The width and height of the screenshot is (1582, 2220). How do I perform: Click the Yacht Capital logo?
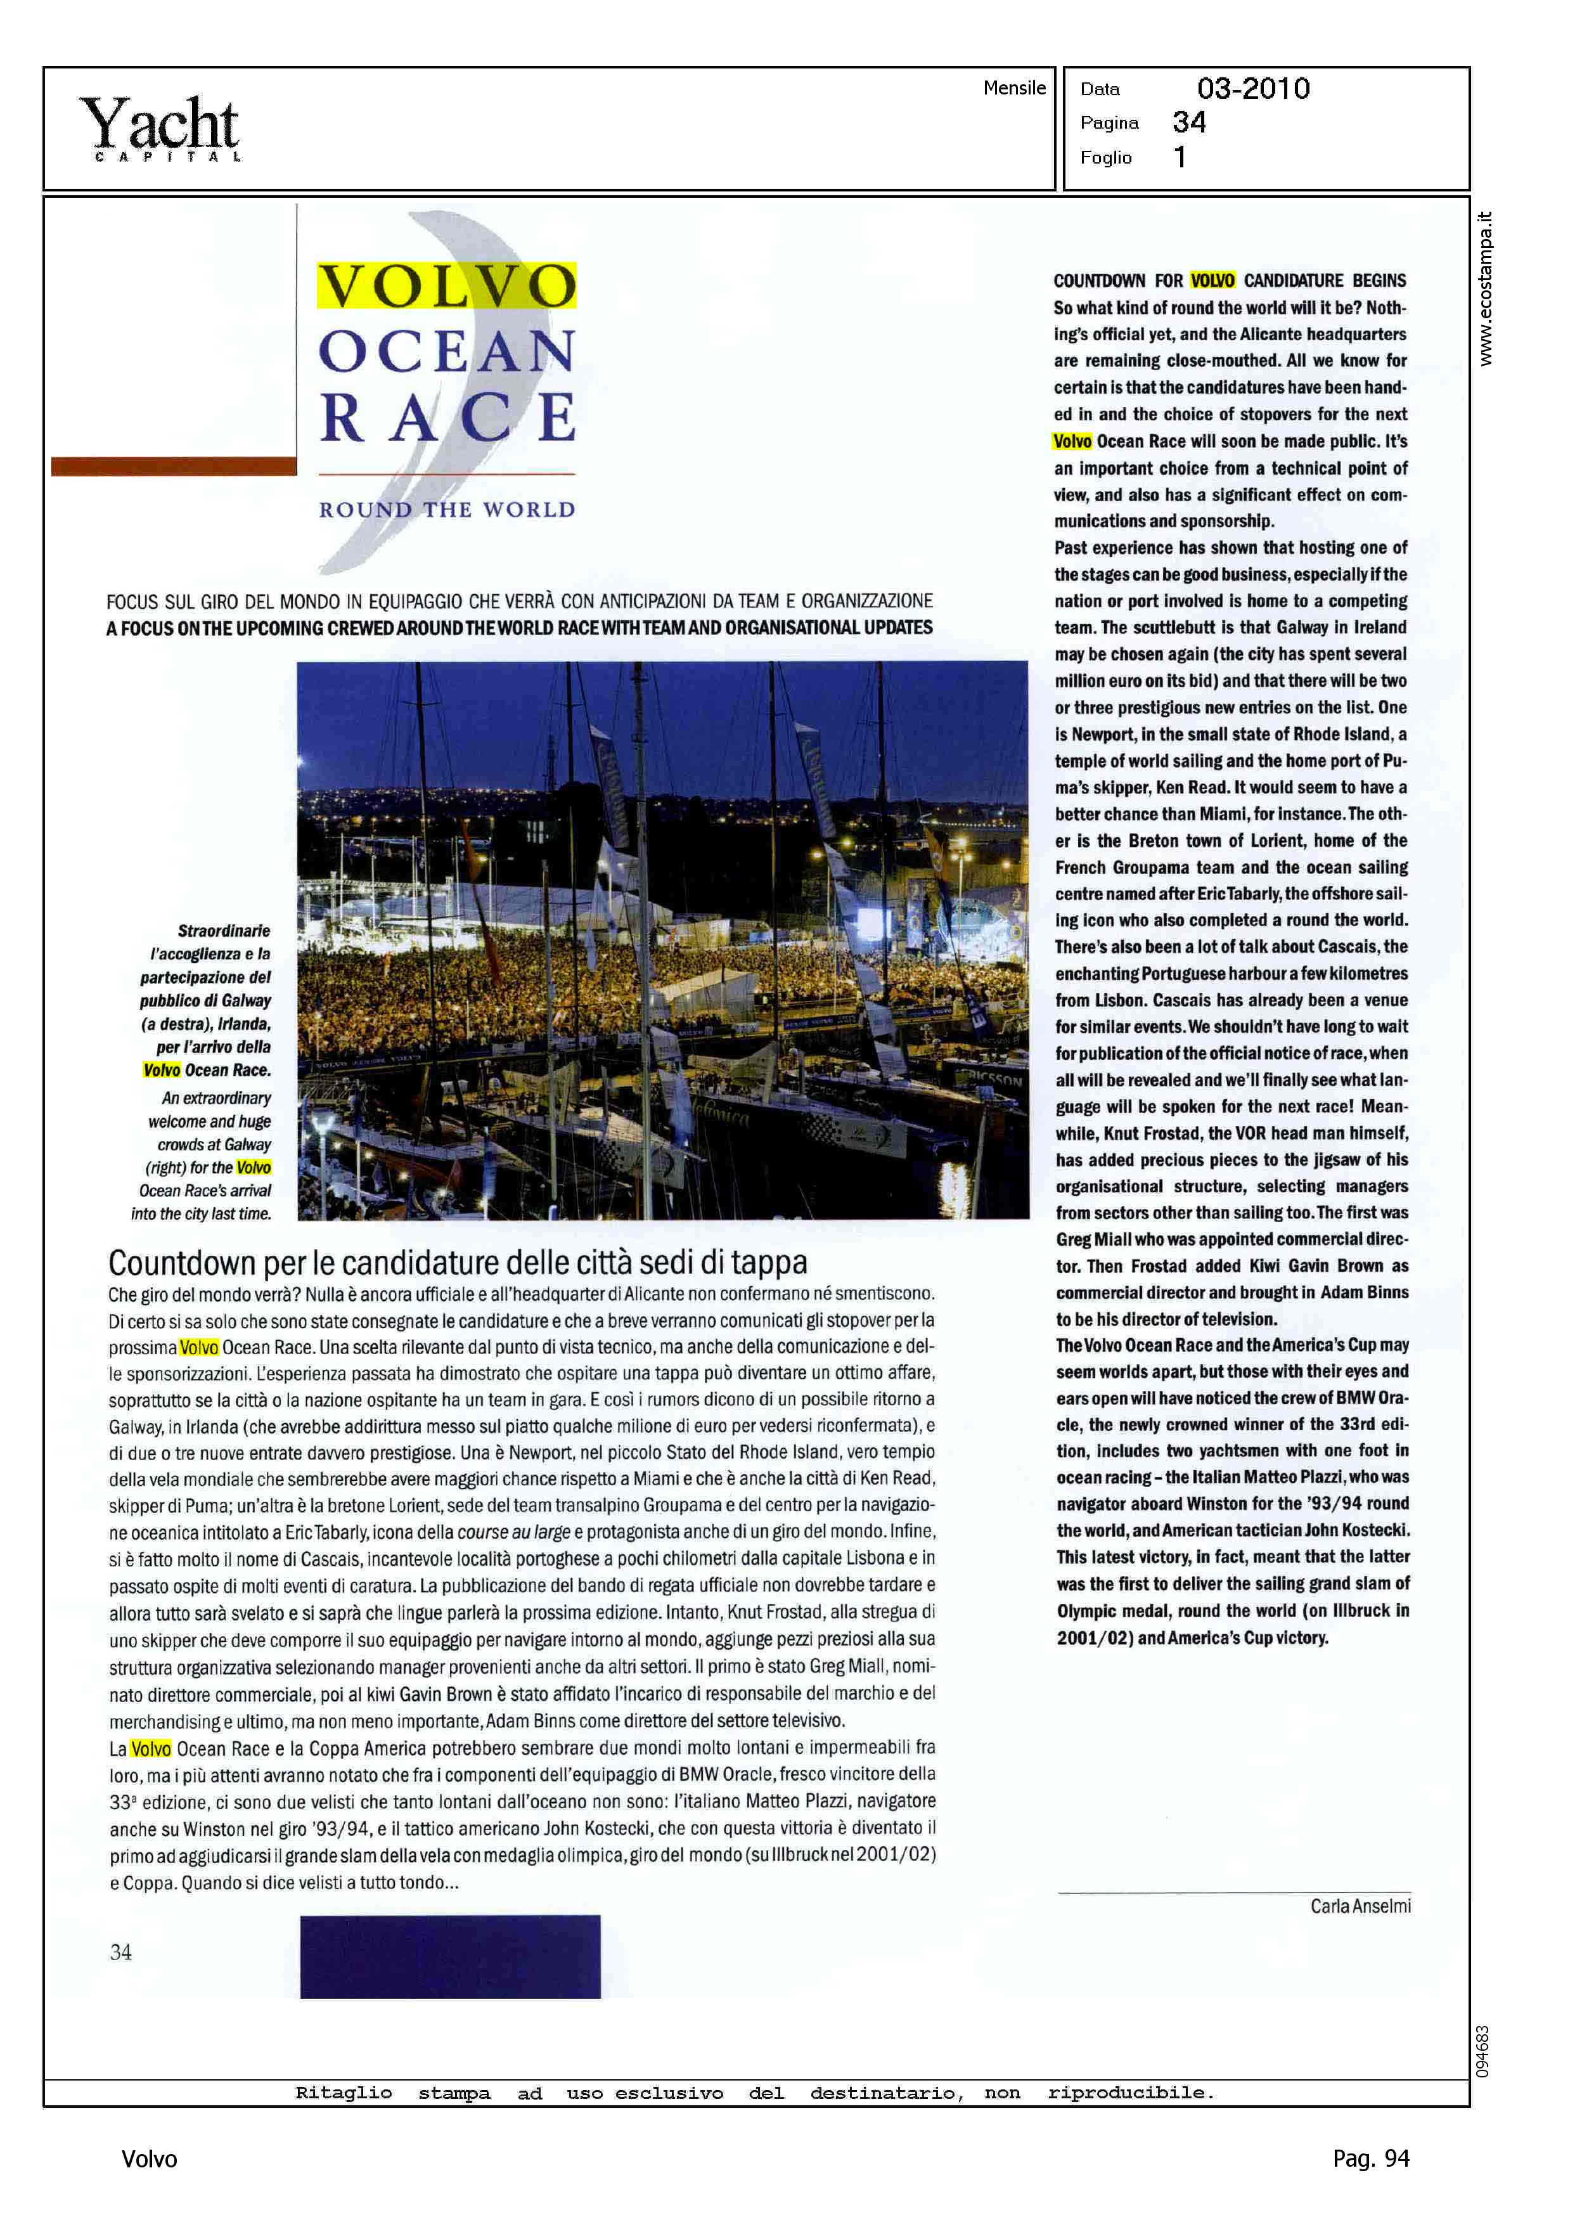coord(161,127)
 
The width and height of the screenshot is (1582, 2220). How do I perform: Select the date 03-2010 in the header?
coord(1253,89)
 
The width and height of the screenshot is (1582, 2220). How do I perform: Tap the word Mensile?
coord(1014,87)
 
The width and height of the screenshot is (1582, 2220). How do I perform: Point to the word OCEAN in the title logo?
coord(447,352)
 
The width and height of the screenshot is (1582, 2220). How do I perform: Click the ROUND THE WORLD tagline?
coord(447,510)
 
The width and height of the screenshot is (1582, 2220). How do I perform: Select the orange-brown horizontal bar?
coord(174,466)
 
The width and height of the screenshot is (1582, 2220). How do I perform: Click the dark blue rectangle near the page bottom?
coord(450,1956)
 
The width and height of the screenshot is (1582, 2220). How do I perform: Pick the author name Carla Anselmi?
coord(1360,1906)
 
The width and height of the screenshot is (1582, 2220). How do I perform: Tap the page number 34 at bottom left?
coord(121,1952)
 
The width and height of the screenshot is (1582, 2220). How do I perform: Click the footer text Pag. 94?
coord(1370,2159)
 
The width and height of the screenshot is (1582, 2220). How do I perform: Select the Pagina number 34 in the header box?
coord(1188,123)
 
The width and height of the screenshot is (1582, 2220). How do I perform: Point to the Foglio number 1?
coord(1180,157)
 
